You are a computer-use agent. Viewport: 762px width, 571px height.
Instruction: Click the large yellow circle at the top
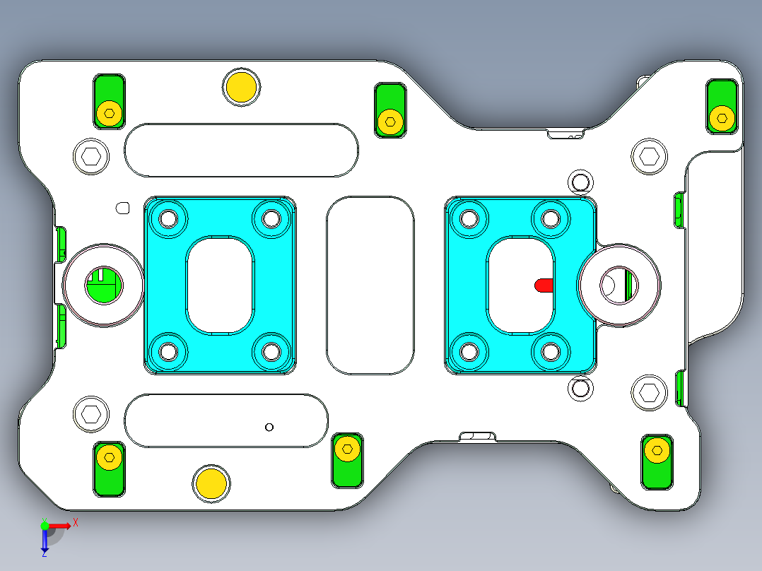241,87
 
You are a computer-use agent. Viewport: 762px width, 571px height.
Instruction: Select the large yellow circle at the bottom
211,483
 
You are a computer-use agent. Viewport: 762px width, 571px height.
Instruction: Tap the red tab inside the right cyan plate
544,285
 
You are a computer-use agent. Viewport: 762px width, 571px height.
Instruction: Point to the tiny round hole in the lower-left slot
269,427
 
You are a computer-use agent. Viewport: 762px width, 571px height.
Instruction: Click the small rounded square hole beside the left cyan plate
122,208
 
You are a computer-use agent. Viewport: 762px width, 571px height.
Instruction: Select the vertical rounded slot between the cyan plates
370,285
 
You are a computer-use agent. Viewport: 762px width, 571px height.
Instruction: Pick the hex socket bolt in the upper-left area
91,157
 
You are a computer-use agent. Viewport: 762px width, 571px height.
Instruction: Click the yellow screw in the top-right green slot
722,117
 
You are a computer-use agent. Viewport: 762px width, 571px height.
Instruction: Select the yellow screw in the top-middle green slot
389,121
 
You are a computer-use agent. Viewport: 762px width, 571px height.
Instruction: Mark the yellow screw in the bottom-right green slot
657,450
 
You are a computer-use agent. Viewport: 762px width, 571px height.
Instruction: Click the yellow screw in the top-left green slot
109,112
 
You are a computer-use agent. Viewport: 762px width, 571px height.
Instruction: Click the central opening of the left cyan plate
220,285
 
